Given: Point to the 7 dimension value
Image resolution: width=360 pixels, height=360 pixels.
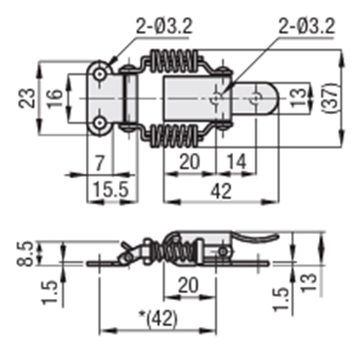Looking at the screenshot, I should coord(100,163).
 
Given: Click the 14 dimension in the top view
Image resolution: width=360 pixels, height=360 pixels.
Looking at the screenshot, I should coord(234,163).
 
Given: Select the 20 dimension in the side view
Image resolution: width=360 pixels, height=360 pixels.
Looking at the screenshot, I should coord(188,285).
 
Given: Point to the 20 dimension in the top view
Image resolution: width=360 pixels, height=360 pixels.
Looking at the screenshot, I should coord(189,163).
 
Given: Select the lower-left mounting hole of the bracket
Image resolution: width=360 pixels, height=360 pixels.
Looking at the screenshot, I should coord(99,123).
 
